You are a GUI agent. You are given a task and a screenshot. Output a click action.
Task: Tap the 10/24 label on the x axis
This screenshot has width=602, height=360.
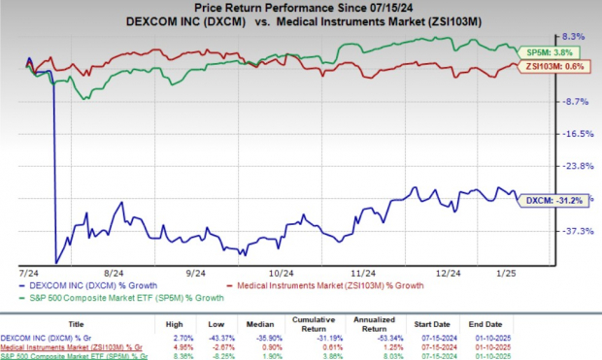(x=282, y=275)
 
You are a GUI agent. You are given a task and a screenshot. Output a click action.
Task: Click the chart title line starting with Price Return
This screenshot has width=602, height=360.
(x=301, y=9)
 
